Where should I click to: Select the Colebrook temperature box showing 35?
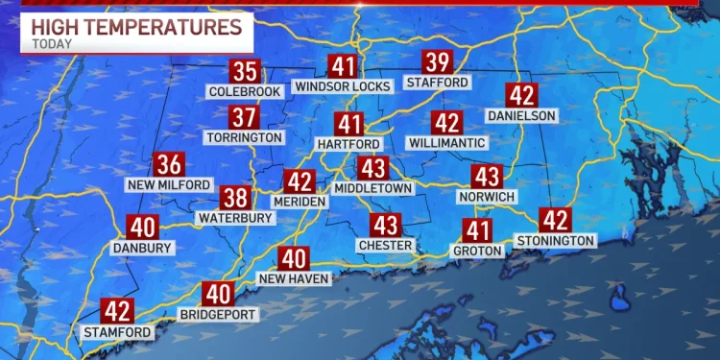click(245, 71)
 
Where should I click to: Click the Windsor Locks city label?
click(343, 86)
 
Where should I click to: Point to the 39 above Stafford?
click(438, 63)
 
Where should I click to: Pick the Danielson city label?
click(522, 115)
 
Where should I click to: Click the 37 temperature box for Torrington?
click(245, 118)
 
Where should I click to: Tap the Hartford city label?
click(349, 143)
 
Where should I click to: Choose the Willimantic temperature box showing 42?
click(446, 123)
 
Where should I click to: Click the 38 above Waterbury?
click(235, 199)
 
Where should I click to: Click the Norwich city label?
click(488, 197)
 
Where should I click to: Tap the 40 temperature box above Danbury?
click(142, 228)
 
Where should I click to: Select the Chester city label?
click(386, 246)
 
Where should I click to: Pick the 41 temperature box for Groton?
click(478, 230)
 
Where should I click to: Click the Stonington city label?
click(556, 239)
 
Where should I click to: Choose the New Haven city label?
click(294, 278)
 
